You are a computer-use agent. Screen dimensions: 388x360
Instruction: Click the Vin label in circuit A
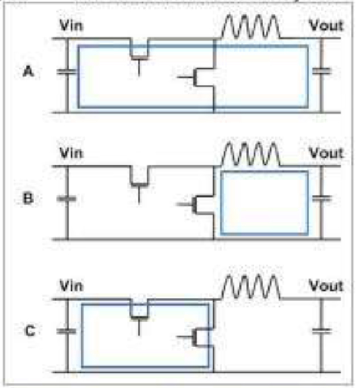71,26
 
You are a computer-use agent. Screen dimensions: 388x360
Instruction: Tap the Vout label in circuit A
326,26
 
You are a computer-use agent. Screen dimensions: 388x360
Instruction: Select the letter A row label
28,72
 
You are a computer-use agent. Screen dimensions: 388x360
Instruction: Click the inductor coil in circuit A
250,27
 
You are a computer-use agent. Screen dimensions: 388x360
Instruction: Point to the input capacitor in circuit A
67,72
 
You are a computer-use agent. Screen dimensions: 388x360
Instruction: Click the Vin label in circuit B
71,153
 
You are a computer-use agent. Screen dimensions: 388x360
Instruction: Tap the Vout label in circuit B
326,153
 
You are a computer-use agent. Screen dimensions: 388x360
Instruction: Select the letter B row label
28,199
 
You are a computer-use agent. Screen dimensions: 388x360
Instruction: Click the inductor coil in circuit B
250,155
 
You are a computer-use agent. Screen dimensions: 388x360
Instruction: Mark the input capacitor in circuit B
67,199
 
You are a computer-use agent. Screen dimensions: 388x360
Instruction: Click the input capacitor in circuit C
67,331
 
